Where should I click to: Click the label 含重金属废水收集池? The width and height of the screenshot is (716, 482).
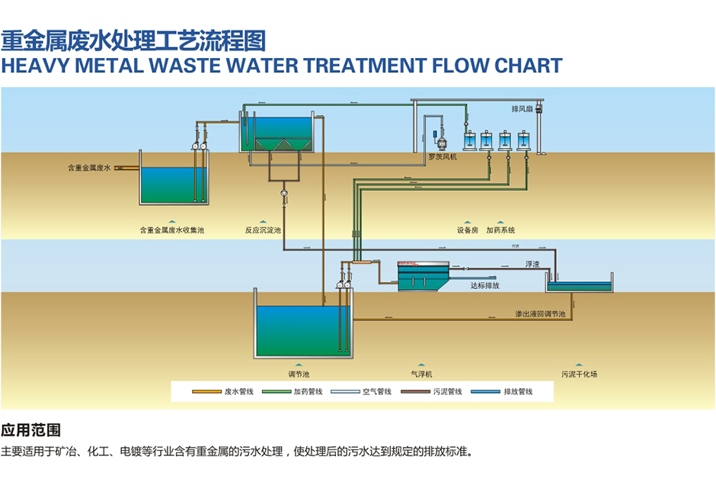(x=172, y=230)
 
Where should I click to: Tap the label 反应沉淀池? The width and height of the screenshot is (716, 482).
(x=263, y=230)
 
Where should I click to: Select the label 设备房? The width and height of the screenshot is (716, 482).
(x=468, y=230)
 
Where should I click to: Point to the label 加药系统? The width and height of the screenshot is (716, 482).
(x=500, y=230)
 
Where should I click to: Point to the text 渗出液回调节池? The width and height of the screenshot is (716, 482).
(x=540, y=314)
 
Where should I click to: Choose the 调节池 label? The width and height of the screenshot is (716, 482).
(x=299, y=374)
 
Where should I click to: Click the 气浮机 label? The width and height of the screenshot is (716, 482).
(x=421, y=374)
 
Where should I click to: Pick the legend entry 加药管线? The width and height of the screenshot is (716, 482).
(x=308, y=392)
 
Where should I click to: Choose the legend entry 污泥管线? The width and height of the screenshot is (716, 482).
(x=447, y=392)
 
